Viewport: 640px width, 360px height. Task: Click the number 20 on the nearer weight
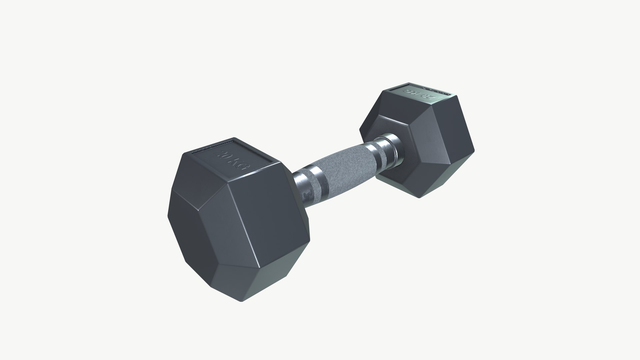tap(221, 152)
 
